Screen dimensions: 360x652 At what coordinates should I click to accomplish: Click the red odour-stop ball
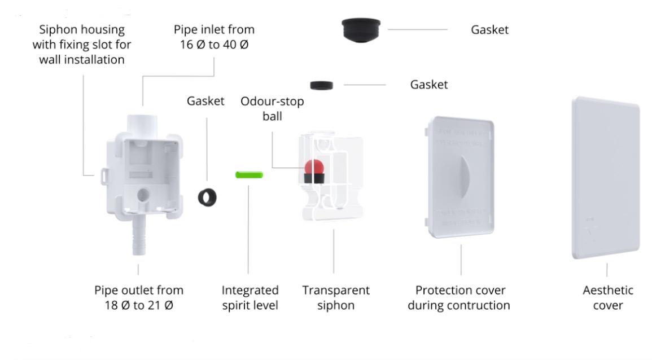point(313,168)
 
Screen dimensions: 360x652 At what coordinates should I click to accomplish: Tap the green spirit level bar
point(249,174)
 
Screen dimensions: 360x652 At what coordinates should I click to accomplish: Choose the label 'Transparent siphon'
point(335,297)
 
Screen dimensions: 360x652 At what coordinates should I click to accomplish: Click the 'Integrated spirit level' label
point(250,297)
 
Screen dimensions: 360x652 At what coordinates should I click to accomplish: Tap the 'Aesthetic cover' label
point(607,297)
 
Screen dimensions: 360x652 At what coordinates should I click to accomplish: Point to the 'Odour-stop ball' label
point(272,108)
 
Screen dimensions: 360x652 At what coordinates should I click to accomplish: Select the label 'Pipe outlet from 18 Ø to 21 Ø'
point(138,297)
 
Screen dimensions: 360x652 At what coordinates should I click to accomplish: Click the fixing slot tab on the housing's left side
point(102,175)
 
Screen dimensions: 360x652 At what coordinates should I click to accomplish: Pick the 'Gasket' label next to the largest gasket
point(489,29)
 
